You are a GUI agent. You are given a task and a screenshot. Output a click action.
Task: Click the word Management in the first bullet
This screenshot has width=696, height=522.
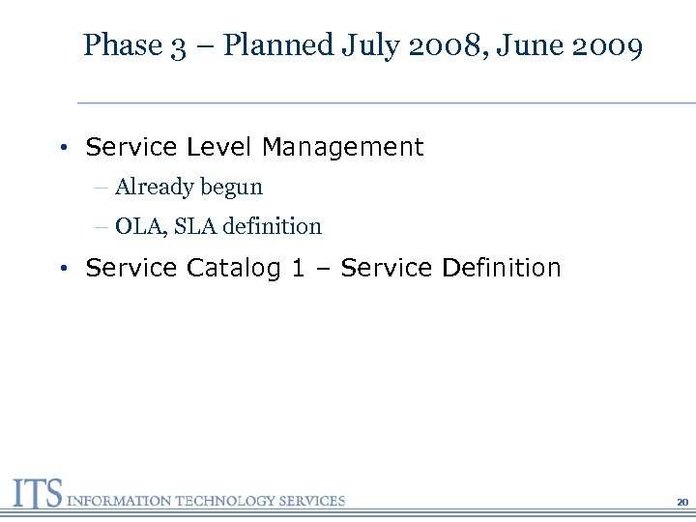342,147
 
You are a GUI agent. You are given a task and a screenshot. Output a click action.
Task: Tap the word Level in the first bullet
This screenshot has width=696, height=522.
218,147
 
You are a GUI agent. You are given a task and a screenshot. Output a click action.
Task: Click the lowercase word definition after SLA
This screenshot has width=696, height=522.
272,226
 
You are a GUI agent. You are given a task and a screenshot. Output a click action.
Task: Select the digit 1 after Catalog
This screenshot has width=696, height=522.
298,268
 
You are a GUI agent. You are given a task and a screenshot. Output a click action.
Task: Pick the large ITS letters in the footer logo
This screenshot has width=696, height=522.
36,494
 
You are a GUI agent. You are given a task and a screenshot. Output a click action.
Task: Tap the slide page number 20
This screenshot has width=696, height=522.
682,502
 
